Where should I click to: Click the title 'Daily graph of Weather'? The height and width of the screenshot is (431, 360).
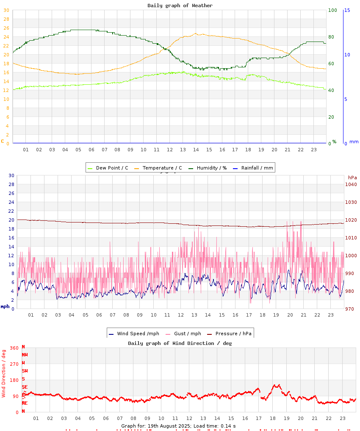180,6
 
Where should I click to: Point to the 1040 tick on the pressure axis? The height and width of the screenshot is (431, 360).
351,184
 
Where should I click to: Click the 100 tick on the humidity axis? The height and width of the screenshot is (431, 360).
332,10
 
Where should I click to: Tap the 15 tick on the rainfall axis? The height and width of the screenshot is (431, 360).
347,10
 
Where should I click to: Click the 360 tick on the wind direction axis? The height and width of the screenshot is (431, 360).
14,348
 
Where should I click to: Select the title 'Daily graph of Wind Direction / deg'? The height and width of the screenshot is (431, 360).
180,343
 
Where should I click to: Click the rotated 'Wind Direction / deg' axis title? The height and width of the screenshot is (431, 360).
4,373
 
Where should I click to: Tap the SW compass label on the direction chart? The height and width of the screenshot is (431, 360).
25,371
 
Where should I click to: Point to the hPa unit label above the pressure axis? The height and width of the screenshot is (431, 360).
352,177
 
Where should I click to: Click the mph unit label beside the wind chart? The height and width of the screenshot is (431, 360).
5,306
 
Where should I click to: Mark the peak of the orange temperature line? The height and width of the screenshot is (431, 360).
196,33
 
